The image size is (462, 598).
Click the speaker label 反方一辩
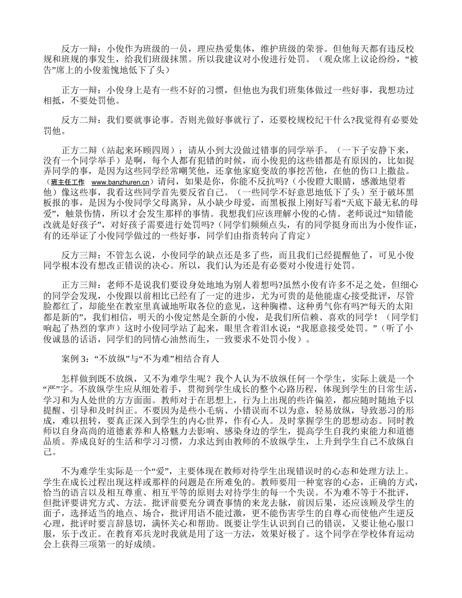[x=78, y=49]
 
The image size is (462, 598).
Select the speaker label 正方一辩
[x=78, y=90]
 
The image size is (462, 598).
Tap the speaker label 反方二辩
[x=78, y=120]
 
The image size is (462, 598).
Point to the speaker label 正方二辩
[x=78, y=150]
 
